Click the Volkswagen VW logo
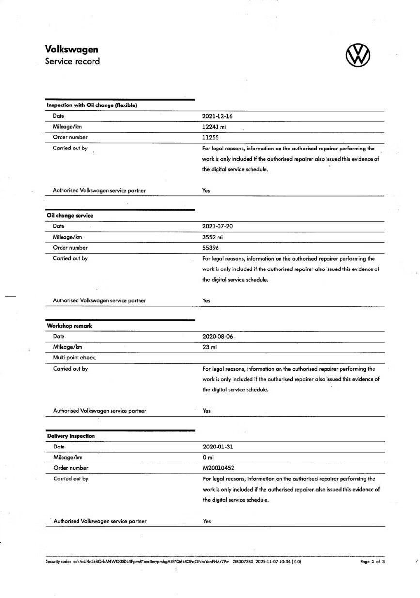358,55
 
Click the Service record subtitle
72,61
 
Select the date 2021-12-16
217,116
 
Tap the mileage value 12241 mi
214,127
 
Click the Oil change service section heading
70,216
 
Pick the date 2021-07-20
217,226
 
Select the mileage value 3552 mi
213,237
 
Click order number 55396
211,248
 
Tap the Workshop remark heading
69,326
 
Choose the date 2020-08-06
218,337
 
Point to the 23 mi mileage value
210,347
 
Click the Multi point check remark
75,358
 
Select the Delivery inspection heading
71,436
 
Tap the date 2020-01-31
218,447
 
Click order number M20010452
219,468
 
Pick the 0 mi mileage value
208,458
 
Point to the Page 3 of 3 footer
373,562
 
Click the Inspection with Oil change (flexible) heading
92,105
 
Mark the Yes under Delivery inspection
207,522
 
